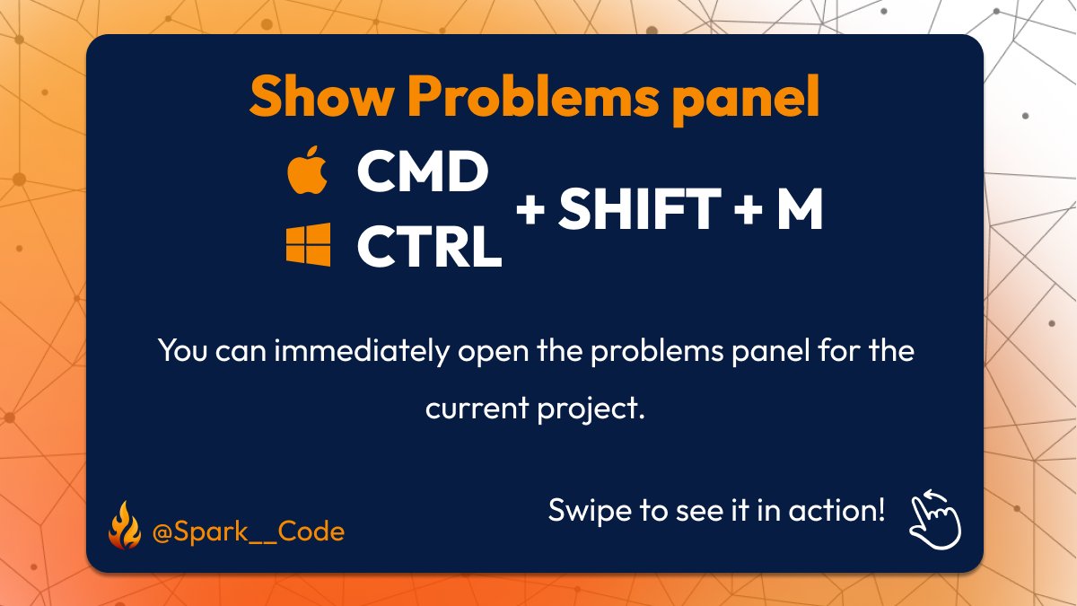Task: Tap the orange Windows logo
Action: coord(308,245)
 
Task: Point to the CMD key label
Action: coord(422,173)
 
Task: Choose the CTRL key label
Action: coord(429,246)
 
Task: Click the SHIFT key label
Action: coord(639,209)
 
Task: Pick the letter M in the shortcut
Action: coord(799,209)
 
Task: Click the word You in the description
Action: coord(183,350)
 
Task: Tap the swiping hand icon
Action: coord(935,518)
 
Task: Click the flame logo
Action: coord(124,528)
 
